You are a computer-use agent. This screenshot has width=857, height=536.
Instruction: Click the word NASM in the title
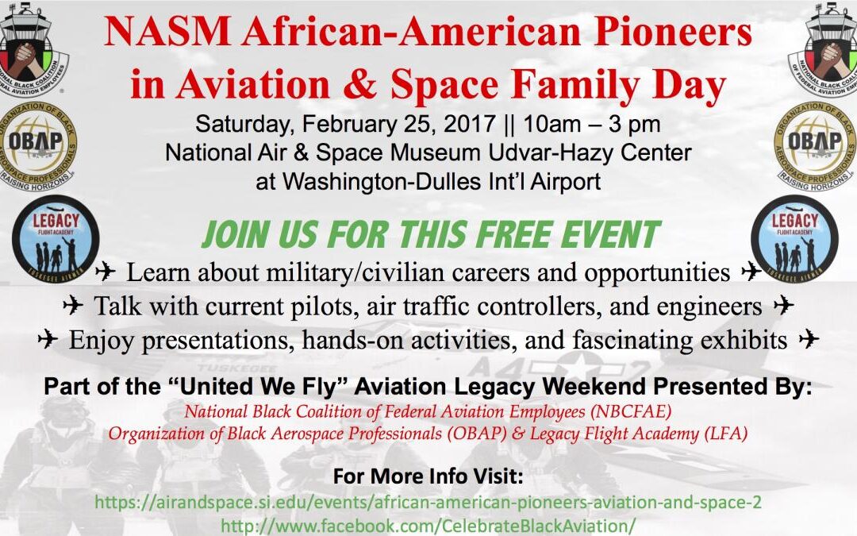coord(167,32)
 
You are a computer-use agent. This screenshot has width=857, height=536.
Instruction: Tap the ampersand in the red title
coord(359,85)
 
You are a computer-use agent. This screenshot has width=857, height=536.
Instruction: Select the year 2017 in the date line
coord(470,124)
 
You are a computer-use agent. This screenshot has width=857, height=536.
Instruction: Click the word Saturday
coord(243,125)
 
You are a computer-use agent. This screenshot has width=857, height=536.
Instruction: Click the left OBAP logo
coord(38,146)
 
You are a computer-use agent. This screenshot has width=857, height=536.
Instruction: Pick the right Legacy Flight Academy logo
coord(794,239)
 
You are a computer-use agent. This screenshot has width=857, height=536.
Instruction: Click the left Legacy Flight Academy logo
coord(56,239)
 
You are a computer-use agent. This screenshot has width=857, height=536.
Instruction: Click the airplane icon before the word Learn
coord(105,271)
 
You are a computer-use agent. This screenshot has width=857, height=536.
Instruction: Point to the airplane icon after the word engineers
coord(784,305)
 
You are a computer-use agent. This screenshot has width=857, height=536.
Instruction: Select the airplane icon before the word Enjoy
coord(48,338)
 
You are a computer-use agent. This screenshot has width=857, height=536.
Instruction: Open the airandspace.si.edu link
coord(428,502)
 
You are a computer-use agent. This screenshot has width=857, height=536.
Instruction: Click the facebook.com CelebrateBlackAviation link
coord(428,526)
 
